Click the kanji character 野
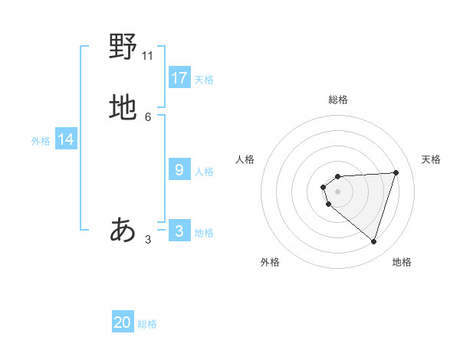[x=123, y=47]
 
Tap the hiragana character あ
[x=123, y=229]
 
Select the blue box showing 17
[x=179, y=77]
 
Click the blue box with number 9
[x=179, y=169]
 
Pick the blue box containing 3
[x=179, y=231]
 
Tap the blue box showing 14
[x=66, y=139]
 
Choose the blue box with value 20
[x=123, y=322]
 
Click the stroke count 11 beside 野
[x=148, y=55]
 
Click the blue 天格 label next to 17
[x=204, y=80]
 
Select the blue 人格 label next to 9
[x=204, y=172]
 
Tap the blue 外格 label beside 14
[x=41, y=141]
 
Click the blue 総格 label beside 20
[x=147, y=324]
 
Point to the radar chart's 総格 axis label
[x=338, y=100]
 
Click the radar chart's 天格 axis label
[x=432, y=159]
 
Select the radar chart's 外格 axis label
[x=270, y=262]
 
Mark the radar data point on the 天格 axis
[x=396, y=172]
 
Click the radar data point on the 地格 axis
[x=373, y=241]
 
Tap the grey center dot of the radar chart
[x=338, y=191]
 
